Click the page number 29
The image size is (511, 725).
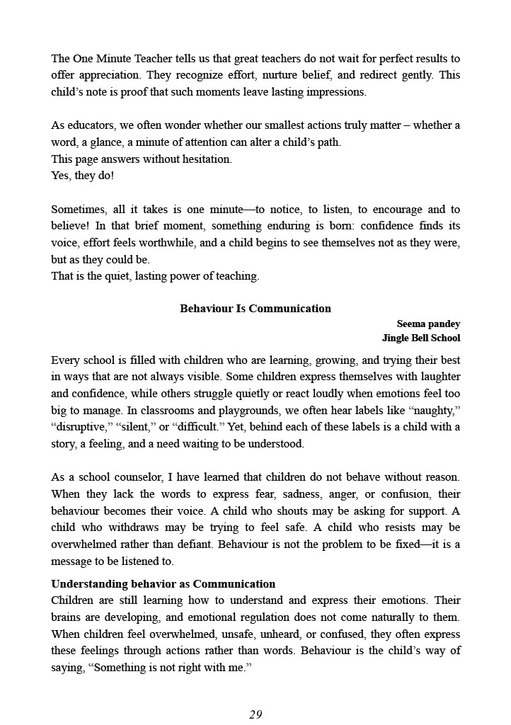pyautogui.click(x=255, y=714)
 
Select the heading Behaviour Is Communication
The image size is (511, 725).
pyautogui.click(x=255, y=309)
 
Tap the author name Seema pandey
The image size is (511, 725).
pyautogui.click(x=428, y=324)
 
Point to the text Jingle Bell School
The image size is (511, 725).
pyautogui.click(x=421, y=338)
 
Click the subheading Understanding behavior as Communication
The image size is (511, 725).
pyautogui.click(x=163, y=584)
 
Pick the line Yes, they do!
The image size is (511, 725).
pyautogui.click(x=82, y=176)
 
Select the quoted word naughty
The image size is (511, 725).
pyautogui.click(x=436, y=411)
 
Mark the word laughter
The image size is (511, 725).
pyautogui.click(x=434, y=377)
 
